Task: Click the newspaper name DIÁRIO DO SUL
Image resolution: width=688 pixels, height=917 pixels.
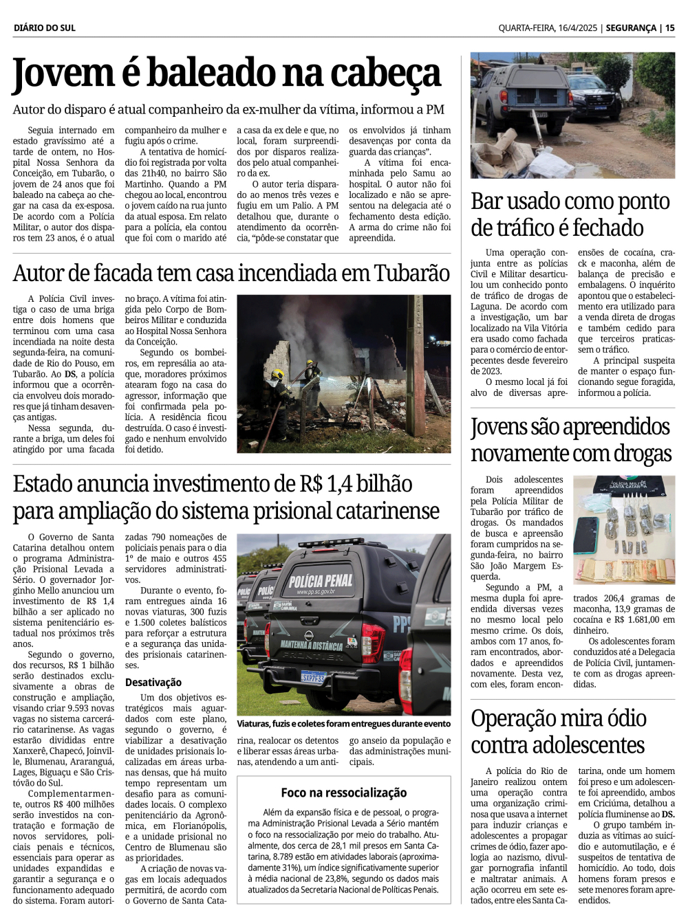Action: [x=45, y=28]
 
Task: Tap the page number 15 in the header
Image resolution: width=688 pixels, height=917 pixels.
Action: [x=669, y=28]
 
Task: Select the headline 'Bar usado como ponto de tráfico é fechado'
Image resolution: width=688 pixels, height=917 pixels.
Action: [x=570, y=214]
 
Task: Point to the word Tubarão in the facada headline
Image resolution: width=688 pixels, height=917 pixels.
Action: [x=412, y=274]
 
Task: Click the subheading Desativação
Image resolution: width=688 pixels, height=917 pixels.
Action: [x=153, y=682]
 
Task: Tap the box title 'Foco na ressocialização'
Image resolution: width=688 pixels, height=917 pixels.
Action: [x=343, y=793]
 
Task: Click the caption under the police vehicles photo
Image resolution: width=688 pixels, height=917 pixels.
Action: [x=343, y=723]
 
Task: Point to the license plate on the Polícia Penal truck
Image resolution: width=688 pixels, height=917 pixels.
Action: [x=313, y=676]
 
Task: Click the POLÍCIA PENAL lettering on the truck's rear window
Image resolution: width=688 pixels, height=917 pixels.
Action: [x=321, y=582]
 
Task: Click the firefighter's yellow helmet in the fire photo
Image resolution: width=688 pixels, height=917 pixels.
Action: [x=278, y=375]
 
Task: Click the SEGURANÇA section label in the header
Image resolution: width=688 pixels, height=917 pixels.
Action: [x=632, y=28]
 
